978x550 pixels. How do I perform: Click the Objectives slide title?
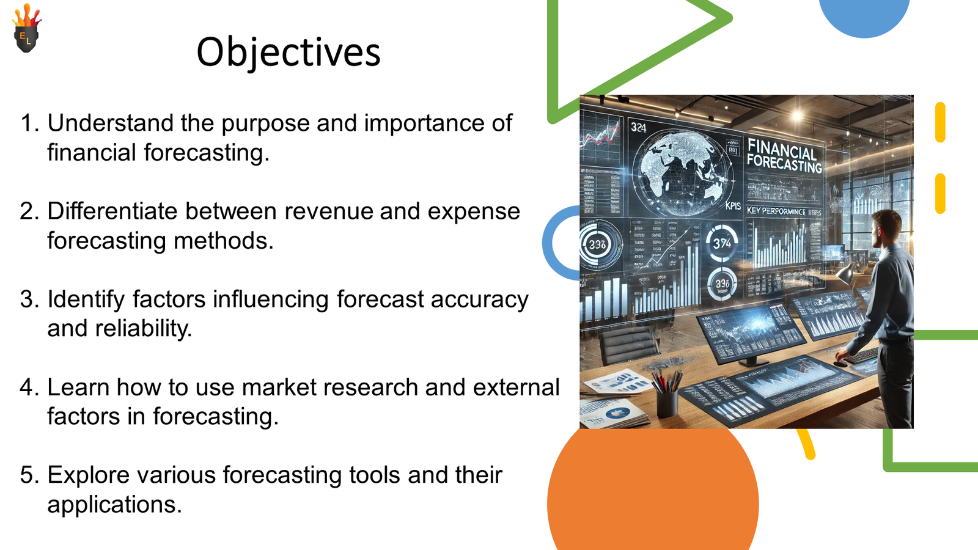[x=289, y=53]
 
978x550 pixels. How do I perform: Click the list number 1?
[x=29, y=123]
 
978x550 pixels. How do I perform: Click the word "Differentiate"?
[x=112, y=211]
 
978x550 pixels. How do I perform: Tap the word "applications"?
[x=114, y=505]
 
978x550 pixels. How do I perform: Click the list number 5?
[x=29, y=475]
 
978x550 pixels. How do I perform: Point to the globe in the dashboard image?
[x=682, y=171]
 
